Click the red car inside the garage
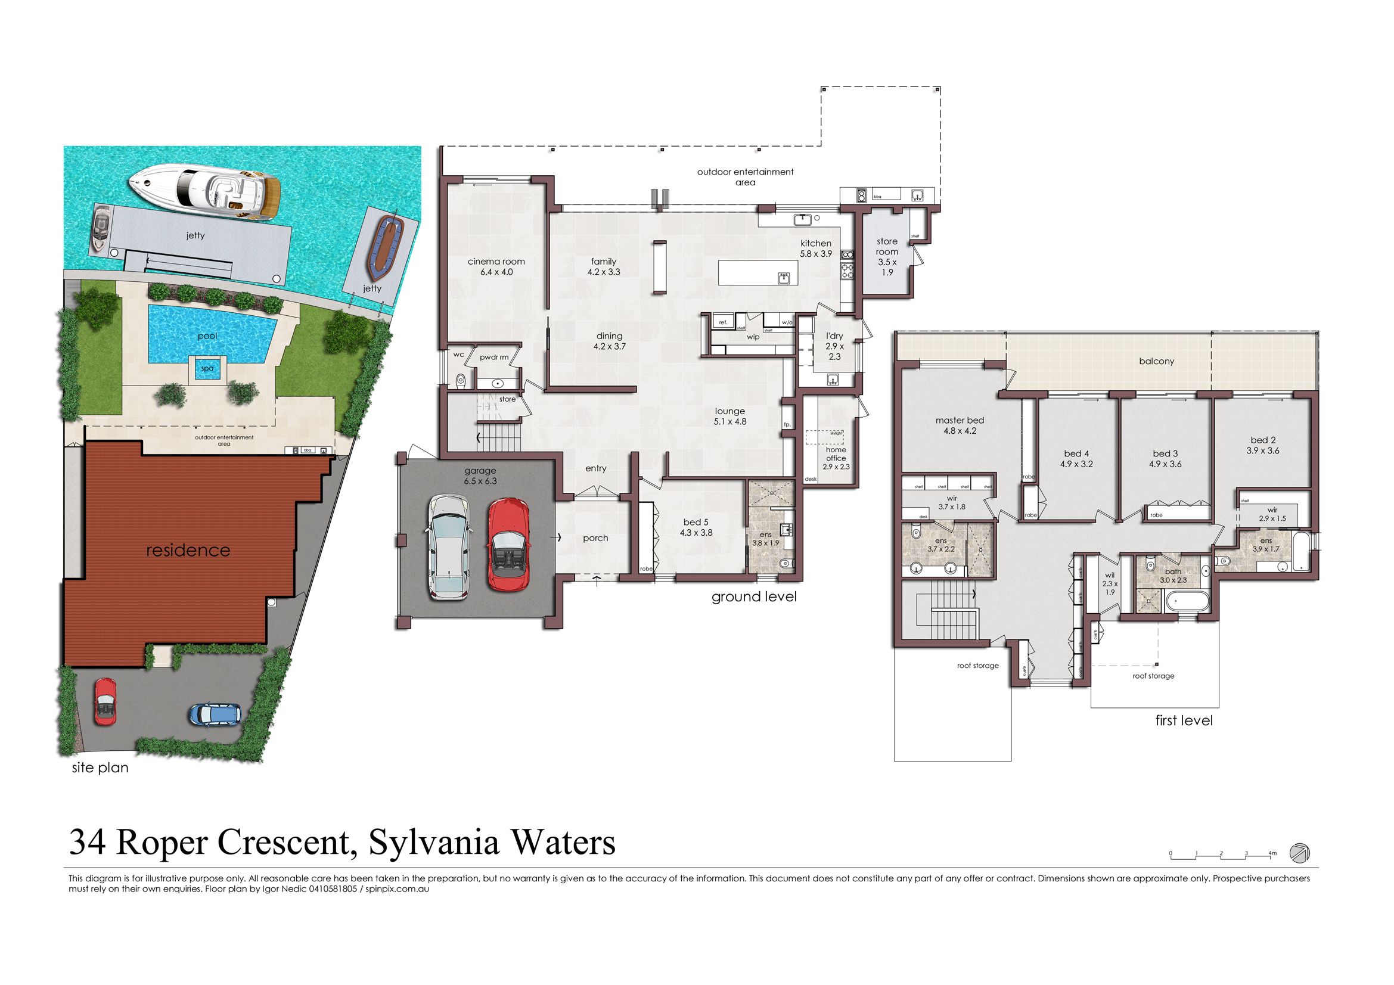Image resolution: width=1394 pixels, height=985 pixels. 507,545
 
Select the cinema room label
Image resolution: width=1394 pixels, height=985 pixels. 496,266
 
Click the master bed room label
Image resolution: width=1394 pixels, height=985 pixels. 960,425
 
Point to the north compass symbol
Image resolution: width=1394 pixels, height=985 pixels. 1299,852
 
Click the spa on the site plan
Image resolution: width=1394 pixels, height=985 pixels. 207,368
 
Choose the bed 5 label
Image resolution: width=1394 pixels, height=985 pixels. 696,527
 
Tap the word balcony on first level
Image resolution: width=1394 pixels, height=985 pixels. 1156,361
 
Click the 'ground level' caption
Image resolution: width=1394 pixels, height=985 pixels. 753,596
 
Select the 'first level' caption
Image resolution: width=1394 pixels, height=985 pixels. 1184,720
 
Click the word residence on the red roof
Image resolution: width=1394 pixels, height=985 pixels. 188,550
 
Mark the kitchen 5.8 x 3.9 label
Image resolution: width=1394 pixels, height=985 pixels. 815,248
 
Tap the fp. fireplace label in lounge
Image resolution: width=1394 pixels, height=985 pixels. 787,424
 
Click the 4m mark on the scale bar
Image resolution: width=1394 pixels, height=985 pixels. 1272,853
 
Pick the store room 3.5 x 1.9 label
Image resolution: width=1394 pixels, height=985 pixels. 887,256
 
